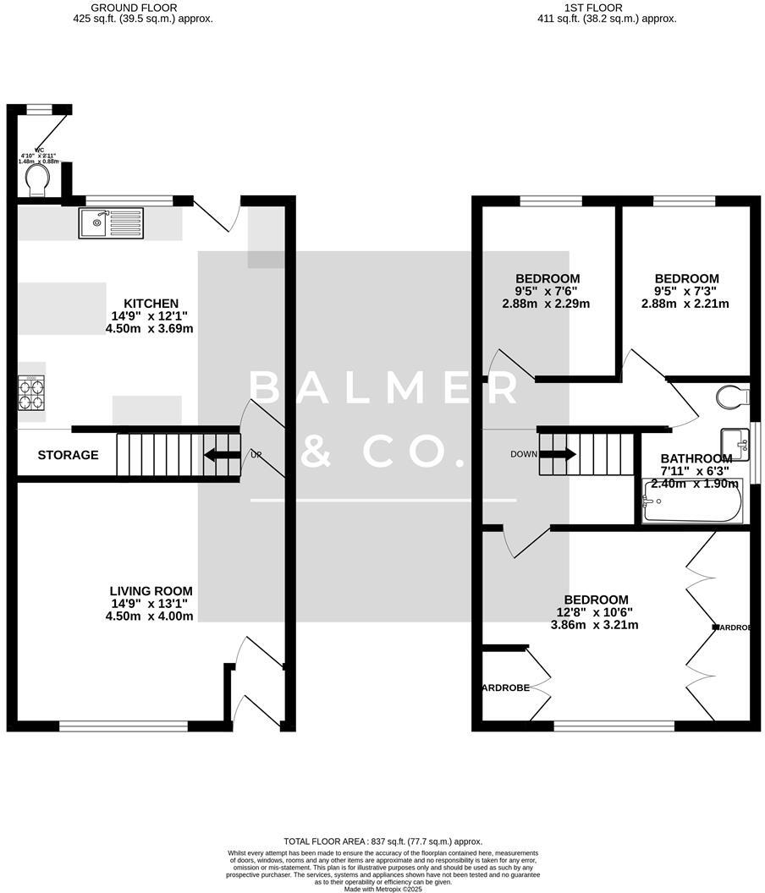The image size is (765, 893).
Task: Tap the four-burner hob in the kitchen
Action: coord(31,392)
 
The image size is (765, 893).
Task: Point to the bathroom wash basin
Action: coord(735,443)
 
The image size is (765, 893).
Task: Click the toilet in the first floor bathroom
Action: coord(731,396)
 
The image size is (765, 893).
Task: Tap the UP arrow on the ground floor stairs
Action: coord(221,455)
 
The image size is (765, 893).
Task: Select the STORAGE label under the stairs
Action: coord(68,455)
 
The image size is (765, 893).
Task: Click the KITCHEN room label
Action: coord(151,304)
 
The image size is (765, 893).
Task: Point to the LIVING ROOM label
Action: coord(151,591)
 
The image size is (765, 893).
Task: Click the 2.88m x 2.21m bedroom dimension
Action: coord(687,304)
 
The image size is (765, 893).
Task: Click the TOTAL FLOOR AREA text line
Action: coord(382,841)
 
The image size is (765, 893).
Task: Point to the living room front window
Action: coord(124,726)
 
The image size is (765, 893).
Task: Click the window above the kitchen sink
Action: coord(129,200)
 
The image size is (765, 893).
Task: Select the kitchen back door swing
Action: coord(217,216)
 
